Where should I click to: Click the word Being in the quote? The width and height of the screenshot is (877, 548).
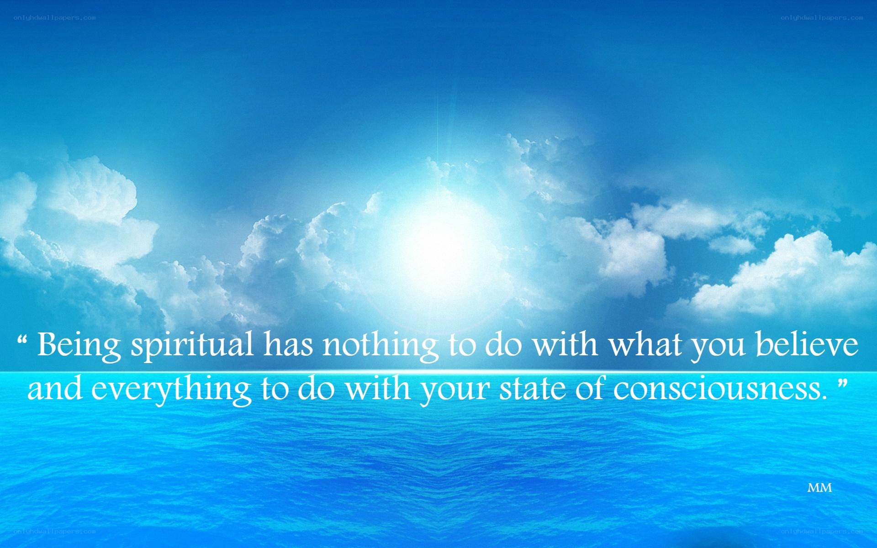(79, 346)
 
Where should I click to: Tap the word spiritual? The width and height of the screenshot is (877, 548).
(192, 346)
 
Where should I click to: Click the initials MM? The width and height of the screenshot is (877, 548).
(819, 488)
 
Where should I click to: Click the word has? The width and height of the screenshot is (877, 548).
(288, 344)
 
